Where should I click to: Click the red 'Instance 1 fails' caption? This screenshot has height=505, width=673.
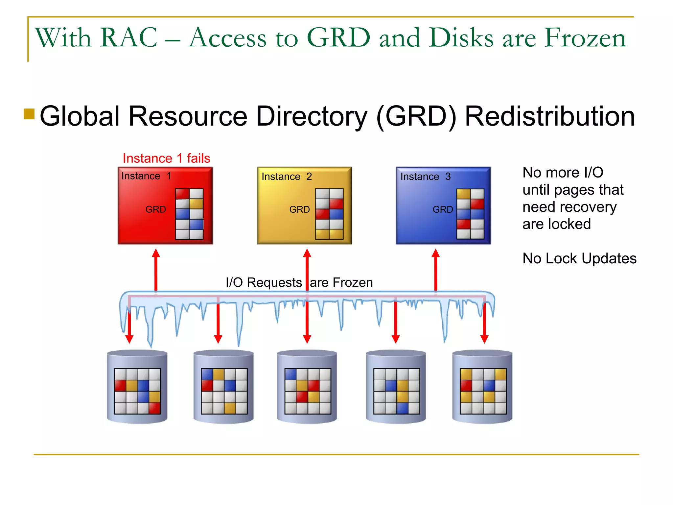(x=166, y=158)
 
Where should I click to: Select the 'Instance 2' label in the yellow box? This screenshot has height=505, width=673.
(x=287, y=177)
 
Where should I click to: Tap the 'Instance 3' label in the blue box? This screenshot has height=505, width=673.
(x=425, y=177)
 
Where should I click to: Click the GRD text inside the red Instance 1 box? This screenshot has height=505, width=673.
(x=155, y=209)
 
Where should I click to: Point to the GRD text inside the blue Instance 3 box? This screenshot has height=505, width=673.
(x=443, y=209)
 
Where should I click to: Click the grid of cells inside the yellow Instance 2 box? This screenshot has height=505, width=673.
(x=329, y=214)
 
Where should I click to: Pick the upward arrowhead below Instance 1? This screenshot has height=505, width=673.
(x=156, y=253)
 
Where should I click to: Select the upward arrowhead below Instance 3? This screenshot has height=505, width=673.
(x=436, y=253)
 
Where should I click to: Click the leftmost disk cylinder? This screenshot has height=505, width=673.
(x=137, y=387)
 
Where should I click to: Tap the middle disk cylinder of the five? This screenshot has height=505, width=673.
(x=307, y=387)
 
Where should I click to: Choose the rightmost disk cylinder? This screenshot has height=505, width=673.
(x=482, y=387)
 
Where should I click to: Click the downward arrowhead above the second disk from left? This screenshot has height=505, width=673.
(x=218, y=339)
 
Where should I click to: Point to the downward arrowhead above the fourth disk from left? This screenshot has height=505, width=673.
(x=396, y=339)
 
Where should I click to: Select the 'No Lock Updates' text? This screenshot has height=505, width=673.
(x=579, y=258)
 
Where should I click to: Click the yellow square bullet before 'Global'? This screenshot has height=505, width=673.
(x=29, y=114)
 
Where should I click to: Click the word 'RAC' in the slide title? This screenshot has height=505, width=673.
(x=129, y=37)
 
